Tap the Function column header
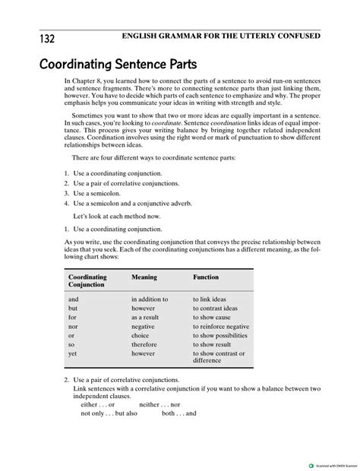point(205,277)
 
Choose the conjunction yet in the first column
point(73,353)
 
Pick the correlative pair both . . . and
point(179,414)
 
